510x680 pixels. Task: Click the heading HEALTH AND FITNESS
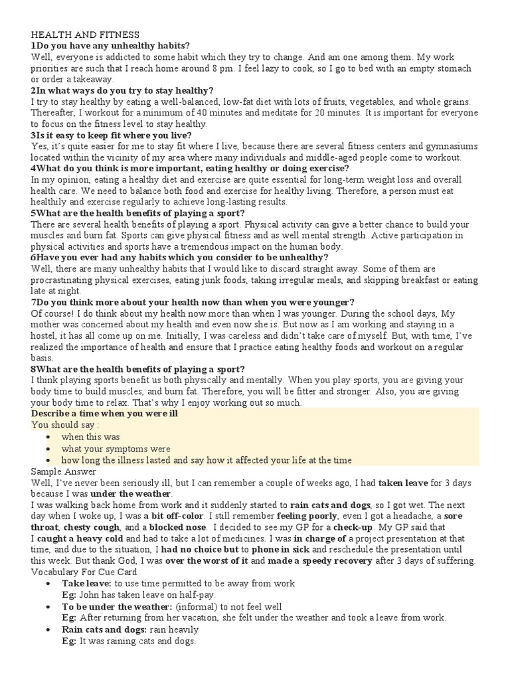[84, 34]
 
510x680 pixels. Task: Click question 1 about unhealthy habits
[110, 45]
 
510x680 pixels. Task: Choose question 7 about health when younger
[193, 302]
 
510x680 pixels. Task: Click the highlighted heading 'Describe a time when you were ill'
[104, 414]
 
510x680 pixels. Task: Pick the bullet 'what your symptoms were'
[116, 448]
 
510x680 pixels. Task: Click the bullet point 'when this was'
[90, 437]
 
